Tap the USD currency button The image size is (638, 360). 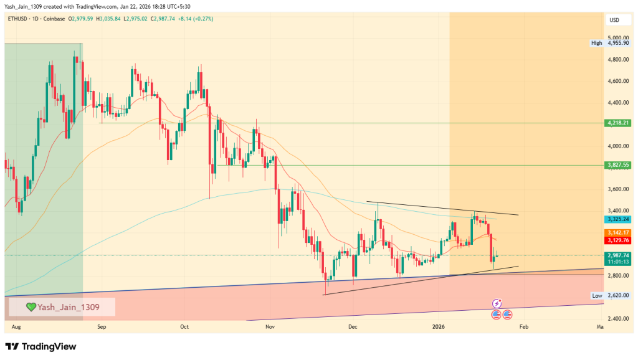pos(614,21)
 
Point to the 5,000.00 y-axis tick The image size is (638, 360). pos(618,38)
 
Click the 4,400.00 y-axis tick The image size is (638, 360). pos(618,103)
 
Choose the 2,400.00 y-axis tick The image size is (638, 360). pos(618,319)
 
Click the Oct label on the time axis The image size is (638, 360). pos(184,326)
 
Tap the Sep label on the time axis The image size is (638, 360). pos(102,326)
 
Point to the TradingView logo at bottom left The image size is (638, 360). pos(40,346)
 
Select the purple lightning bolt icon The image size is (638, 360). pos(497,303)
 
